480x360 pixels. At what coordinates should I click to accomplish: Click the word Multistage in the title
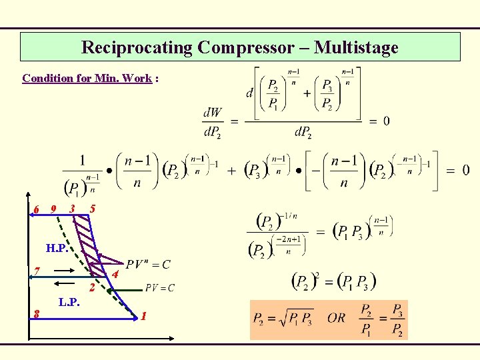point(356,47)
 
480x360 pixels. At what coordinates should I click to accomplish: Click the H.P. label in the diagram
point(56,249)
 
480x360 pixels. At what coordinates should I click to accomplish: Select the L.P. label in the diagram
point(69,302)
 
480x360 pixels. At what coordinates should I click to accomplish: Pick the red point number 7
point(37,271)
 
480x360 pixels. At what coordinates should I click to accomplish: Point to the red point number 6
point(37,210)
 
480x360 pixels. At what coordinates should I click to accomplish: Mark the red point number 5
point(93,209)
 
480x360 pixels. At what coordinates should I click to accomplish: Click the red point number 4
point(115,275)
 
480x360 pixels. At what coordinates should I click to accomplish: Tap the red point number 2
point(93,289)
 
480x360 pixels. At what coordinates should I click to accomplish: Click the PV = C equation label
point(160,288)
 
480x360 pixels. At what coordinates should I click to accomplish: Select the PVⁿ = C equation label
point(147,265)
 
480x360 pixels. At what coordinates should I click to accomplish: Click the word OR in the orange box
point(337,317)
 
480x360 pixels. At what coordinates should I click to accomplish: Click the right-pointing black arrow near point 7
point(65,271)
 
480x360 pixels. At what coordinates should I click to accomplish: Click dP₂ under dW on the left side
point(212,133)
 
